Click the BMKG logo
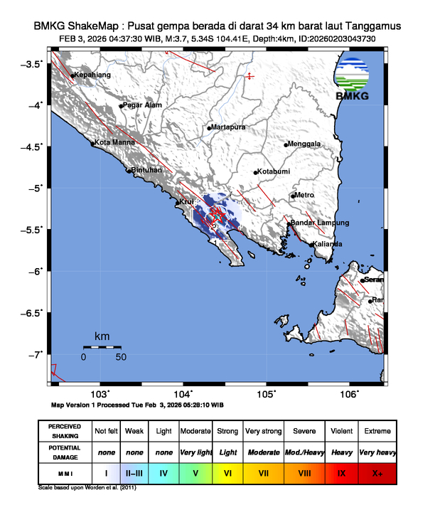coord(352,80)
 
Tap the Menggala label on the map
coord(305,144)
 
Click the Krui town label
coord(186,202)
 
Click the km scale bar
coord(102,347)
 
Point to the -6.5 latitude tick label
coord(33,312)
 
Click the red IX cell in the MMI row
coord(342,472)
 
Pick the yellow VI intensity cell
coord(227,472)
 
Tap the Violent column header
coord(342,431)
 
